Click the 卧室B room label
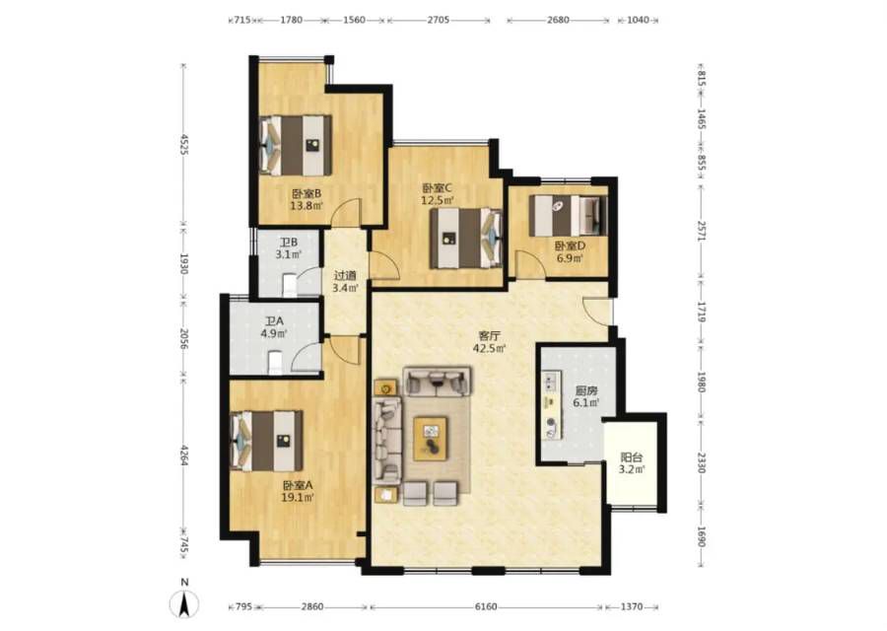pos(307,193)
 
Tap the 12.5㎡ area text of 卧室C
pos(438,200)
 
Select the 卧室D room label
pos(570,246)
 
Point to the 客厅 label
pos(489,336)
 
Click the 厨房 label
pos(586,391)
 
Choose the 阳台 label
pos(632,457)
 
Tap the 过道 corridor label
pos(345,276)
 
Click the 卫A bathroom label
pos(274,321)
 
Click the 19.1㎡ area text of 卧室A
pos(298,498)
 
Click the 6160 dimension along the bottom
pos(485,606)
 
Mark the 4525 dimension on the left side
pos(183,144)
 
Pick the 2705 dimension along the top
pos(439,20)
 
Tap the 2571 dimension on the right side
pos(702,231)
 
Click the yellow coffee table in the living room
pos(431,439)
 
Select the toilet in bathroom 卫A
pos(275,363)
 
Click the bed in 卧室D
pos(568,216)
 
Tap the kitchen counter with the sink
pos(552,404)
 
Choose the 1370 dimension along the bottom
pos(632,606)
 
